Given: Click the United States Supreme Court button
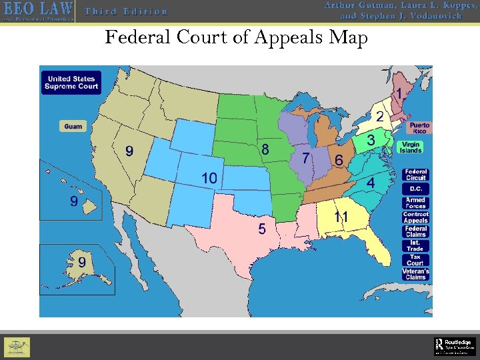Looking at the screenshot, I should (71, 83).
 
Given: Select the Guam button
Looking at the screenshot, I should (73, 126).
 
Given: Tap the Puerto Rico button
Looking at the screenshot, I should (420, 128).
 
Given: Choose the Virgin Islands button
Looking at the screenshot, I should (411, 147).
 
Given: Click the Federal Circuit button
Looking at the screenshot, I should (415, 175).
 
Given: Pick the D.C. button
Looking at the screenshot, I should (415, 189).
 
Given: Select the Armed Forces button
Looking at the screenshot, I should (415, 203).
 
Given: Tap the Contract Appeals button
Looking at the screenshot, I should (415, 217).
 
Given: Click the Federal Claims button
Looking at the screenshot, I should (415, 231).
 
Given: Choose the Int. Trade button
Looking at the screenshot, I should (415, 245).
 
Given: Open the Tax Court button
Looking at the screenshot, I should (415, 259).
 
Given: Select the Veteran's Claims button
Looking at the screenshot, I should (415, 274).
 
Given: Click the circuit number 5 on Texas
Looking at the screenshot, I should (262, 229).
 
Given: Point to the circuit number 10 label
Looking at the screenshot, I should (209, 177).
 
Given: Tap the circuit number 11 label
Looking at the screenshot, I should (341, 217).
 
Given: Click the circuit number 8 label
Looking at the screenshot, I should (265, 149).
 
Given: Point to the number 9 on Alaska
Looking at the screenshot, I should (81, 263).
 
